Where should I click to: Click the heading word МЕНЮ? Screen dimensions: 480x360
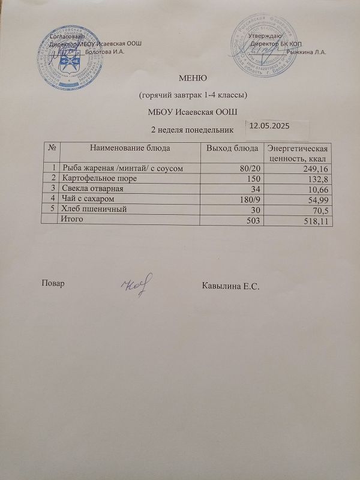193,77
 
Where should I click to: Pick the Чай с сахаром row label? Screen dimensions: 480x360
89,199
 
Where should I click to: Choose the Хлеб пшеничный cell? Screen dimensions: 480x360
94,209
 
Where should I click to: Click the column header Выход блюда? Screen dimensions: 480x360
232,148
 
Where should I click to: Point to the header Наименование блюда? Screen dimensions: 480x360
130,147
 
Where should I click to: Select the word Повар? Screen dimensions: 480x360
53,283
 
